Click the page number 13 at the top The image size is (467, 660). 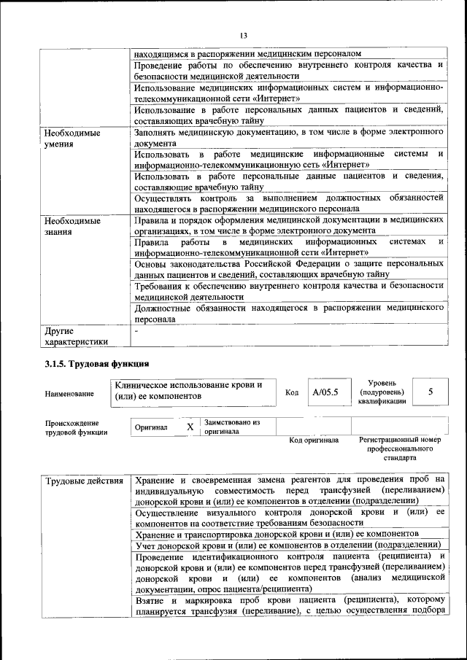tap(244, 35)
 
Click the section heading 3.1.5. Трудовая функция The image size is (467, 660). tap(96, 363)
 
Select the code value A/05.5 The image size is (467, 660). tap(325, 392)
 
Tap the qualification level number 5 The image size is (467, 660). tap(431, 392)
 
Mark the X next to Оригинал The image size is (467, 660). tap(190, 426)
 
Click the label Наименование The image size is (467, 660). tap(69, 394)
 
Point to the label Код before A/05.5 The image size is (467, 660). tap(292, 393)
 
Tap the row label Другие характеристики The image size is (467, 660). tap(76, 335)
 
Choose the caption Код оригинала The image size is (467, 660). tap(314, 440)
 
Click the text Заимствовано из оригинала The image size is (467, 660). tap(232, 426)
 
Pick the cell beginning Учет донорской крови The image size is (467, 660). tap(290, 545)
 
